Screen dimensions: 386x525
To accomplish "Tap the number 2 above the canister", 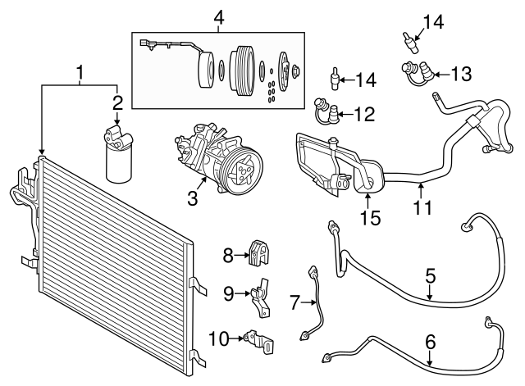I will (x=117, y=102).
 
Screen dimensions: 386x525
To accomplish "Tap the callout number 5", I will (x=430, y=276).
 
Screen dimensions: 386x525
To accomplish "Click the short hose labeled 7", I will (x=316, y=303).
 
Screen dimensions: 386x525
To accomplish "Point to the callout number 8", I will (x=227, y=257).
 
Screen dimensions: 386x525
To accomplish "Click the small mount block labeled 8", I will (x=260, y=255).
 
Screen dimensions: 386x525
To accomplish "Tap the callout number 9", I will (x=228, y=292).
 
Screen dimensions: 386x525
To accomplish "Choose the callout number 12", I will (x=365, y=113).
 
